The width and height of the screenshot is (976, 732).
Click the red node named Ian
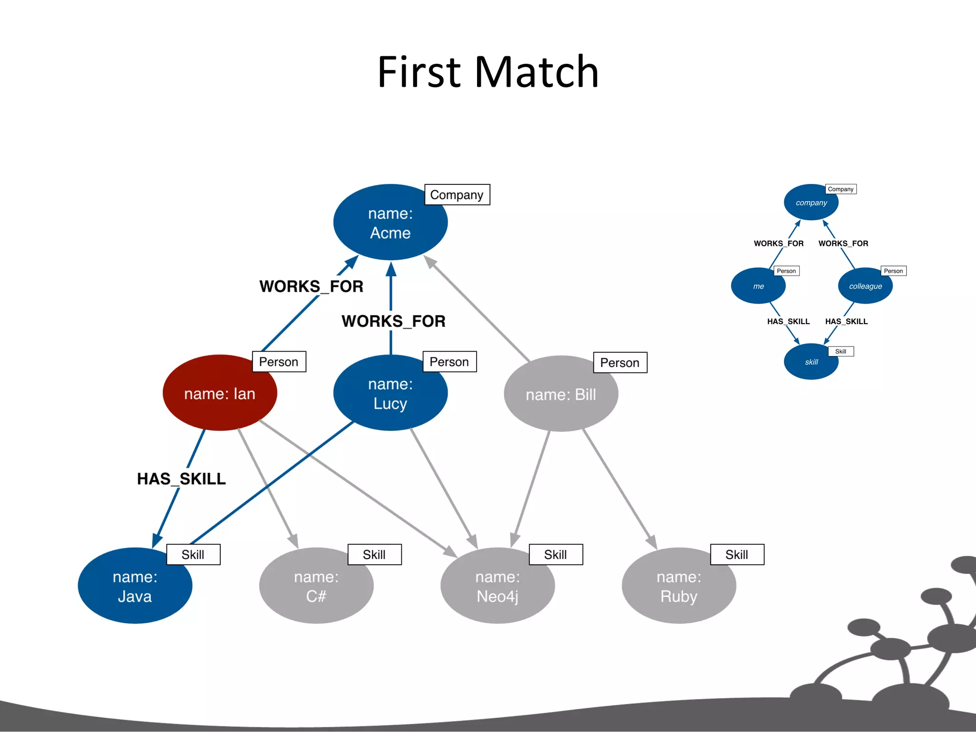[x=220, y=393]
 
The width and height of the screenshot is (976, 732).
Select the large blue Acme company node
[x=390, y=223]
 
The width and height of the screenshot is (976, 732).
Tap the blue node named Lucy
[x=390, y=393]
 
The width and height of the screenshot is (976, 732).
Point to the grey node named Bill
[x=560, y=394]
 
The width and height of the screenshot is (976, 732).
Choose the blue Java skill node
[x=135, y=586]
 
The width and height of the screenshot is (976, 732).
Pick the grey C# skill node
[x=316, y=586]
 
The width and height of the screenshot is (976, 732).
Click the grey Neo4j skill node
[x=497, y=586]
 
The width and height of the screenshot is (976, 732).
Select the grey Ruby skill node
[x=679, y=586]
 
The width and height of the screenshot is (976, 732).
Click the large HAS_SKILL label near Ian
[x=181, y=478]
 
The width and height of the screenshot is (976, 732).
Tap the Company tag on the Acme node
[x=457, y=194]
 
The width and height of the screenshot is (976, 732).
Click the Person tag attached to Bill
[x=620, y=363]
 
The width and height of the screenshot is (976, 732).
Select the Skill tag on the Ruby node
[x=736, y=554]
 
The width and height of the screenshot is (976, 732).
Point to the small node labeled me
[x=758, y=286]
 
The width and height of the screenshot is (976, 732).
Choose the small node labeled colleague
[x=865, y=286]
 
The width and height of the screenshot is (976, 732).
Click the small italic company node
[x=811, y=203]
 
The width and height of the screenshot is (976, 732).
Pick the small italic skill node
[x=811, y=362]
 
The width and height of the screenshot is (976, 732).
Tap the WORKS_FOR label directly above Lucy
[x=393, y=321]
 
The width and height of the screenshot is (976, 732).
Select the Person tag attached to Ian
[x=278, y=362]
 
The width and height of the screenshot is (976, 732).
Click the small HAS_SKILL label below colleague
[x=846, y=321]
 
